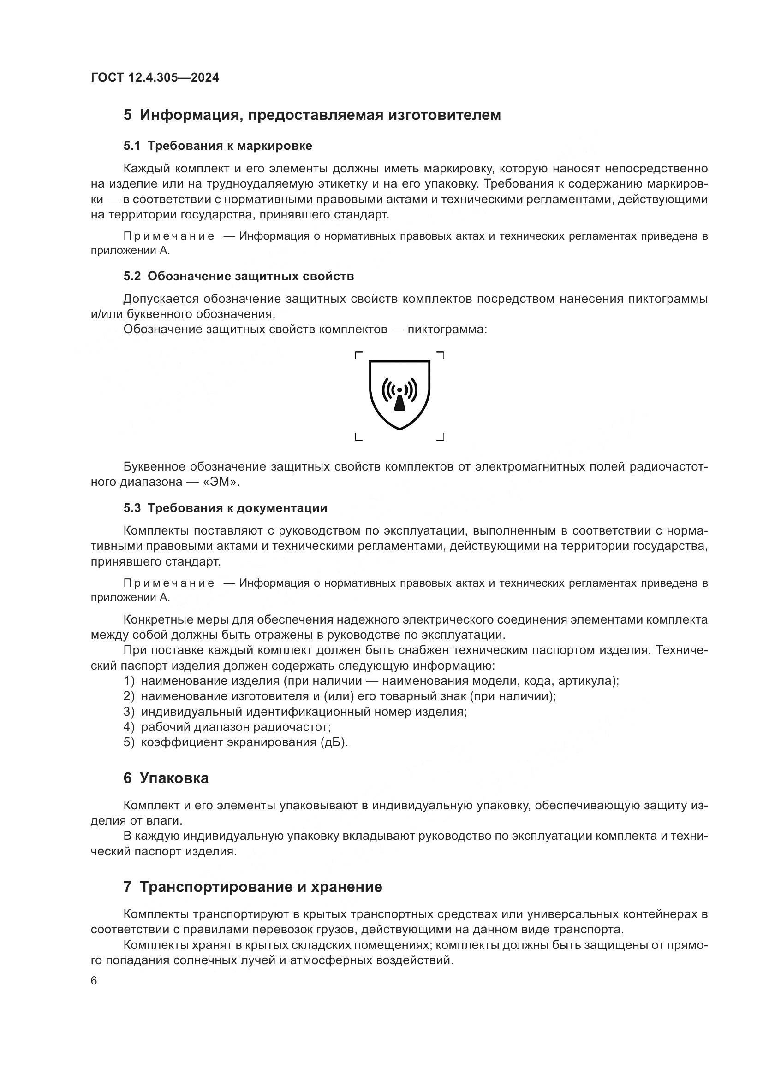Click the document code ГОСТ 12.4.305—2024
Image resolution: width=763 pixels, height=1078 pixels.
pos(155,77)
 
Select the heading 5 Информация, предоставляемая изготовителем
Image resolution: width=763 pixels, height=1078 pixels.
pos(312,115)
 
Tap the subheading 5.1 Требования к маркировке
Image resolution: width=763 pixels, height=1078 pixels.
pos(218,146)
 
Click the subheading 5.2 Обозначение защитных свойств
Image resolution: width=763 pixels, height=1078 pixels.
pos(238,277)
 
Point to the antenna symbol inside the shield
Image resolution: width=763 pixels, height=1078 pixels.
pos(399,395)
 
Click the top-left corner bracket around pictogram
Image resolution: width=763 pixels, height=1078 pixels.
pos(358,355)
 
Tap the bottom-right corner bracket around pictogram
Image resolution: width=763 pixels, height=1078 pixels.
pos(440,437)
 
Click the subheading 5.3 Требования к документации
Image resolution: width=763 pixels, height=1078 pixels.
pos(225,508)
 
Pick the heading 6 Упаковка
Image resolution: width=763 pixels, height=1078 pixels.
pos(166,778)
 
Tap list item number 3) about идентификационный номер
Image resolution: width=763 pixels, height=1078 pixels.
pos(295,712)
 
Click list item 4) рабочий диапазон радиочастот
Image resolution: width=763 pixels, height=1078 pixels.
pos(227,727)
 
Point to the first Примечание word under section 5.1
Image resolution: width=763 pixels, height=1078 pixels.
pos(169,236)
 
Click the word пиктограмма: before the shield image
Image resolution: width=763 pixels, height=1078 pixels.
pos(447,329)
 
